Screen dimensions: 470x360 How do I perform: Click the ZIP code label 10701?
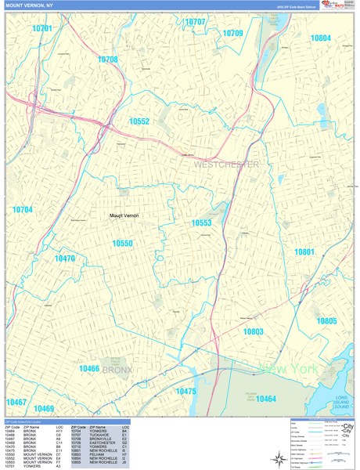click(43, 28)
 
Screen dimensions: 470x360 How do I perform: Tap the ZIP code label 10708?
click(107, 60)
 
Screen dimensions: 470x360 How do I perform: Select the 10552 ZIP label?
click(139, 121)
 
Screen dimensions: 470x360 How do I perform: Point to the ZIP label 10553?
click(202, 223)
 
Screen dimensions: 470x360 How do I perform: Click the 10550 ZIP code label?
click(122, 244)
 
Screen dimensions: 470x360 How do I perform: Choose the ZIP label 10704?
click(23, 210)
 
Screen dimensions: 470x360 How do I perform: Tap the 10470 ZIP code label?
click(64, 258)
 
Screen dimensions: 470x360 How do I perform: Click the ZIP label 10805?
click(326, 321)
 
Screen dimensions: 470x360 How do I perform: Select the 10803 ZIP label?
click(253, 332)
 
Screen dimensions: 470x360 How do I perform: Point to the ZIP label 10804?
click(320, 38)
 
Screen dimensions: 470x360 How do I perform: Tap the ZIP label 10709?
click(232, 34)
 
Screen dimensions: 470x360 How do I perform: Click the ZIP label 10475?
click(185, 391)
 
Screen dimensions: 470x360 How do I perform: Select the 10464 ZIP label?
click(265, 399)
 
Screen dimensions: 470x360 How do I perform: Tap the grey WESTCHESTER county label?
click(226, 164)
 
